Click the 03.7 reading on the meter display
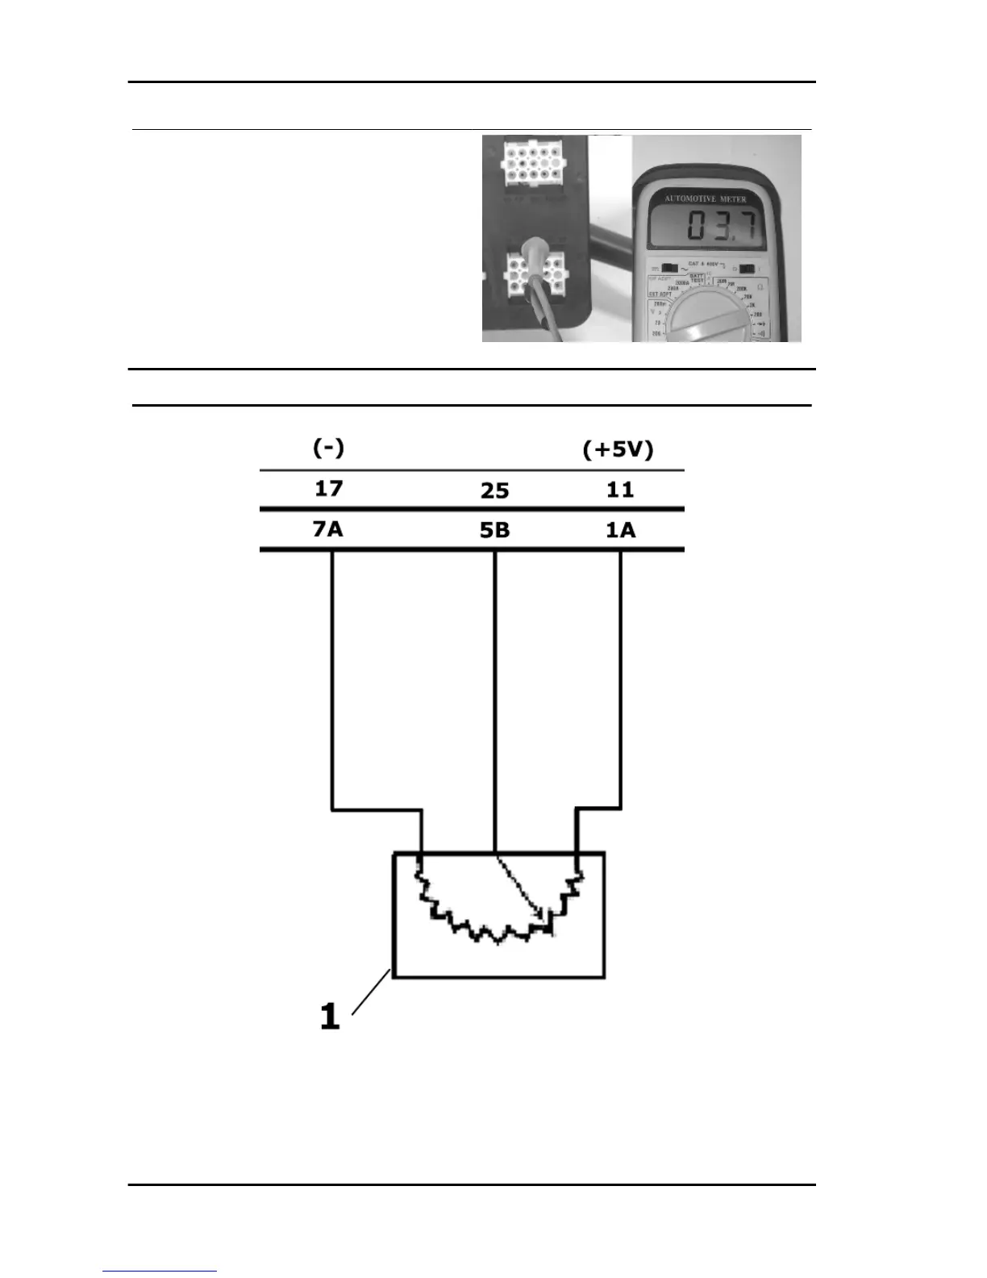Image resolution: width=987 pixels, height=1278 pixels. coord(720,227)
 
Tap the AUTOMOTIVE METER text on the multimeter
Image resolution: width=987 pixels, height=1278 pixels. coord(706,198)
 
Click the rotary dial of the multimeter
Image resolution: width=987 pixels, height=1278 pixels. coord(710,319)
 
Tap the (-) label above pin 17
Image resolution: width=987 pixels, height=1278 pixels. coord(328,448)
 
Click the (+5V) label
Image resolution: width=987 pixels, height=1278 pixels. coord(618,449)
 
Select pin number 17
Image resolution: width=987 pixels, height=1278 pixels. coord(329,488)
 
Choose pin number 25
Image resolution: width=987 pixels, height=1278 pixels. coord(494,491)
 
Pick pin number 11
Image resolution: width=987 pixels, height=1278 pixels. coord(620,490)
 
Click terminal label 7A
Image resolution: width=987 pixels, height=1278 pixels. coord(328,529)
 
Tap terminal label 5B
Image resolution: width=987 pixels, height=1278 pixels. coord(494,531)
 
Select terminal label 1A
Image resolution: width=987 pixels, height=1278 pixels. coord(620,530)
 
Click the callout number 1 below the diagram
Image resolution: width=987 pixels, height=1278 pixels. coord(330,1016)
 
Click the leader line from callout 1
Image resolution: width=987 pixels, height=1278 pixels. coord(372,994)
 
